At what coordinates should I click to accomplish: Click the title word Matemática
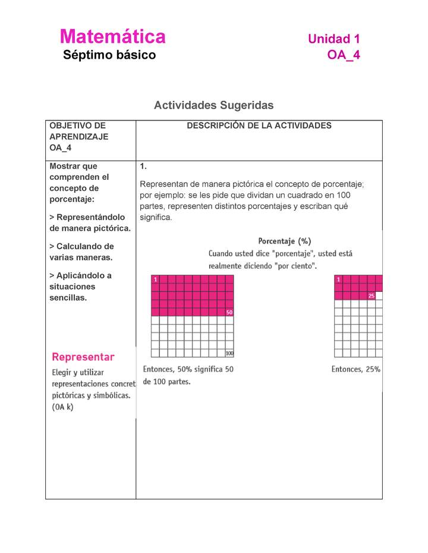112,37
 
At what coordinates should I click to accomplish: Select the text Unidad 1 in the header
333,39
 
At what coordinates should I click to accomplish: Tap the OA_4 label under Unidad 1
343,55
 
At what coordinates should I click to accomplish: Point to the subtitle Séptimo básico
109,55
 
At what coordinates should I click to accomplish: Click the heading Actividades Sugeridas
213,105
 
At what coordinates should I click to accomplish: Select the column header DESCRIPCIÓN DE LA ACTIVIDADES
259,126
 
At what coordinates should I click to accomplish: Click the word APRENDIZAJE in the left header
78,136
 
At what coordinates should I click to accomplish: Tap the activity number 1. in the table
143,166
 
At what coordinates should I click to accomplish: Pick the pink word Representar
83,357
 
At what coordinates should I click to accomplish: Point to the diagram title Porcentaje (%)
284,241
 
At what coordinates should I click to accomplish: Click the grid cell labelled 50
229,312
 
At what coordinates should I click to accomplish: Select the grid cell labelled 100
229,354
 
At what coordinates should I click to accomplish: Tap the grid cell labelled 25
371,295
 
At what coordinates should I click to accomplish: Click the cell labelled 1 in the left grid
155,279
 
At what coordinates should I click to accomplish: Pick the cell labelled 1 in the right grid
338,279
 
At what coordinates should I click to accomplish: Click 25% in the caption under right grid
373,370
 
